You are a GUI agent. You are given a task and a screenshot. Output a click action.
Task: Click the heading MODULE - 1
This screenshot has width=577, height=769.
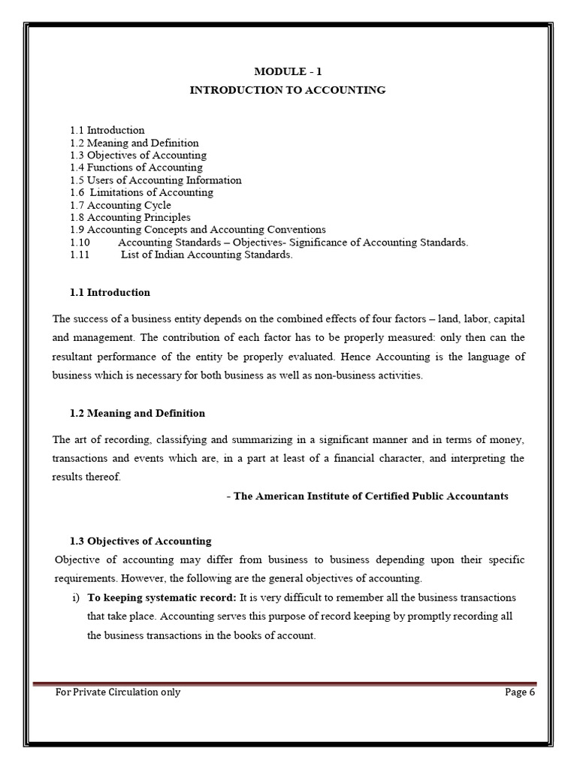click(288, 71)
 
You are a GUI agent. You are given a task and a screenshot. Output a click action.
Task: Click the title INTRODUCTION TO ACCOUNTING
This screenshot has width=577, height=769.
click(288, 90)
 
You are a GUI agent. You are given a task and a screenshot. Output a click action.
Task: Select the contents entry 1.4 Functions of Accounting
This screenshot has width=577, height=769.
click(136, 167)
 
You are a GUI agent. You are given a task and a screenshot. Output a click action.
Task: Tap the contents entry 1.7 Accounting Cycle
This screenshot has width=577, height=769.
click(120, 205)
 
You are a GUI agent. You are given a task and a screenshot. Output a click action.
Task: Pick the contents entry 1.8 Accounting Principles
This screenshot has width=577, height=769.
click(130, 218)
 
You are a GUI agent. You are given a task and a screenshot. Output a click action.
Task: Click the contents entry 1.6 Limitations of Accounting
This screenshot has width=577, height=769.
click(141, 192)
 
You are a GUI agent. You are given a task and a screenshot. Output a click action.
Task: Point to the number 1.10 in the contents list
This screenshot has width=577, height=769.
click(80, 243)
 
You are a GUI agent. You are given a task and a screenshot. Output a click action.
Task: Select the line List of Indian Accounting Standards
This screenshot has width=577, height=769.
click(207, 255)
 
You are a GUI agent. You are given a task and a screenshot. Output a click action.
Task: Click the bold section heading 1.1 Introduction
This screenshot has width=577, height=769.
click(110, 293)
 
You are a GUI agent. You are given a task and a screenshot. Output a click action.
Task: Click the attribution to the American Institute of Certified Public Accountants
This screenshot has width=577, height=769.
click(367, 496)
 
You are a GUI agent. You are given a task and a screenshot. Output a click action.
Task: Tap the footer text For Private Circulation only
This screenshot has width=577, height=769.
click(118, 692)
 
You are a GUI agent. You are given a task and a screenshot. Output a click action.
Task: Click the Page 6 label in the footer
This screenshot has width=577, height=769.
click(519, 692)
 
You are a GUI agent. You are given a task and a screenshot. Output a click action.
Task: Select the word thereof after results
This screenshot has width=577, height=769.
click(103, 478)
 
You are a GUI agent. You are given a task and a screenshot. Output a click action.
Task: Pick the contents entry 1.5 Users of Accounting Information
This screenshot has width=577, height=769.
click(156, 180)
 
